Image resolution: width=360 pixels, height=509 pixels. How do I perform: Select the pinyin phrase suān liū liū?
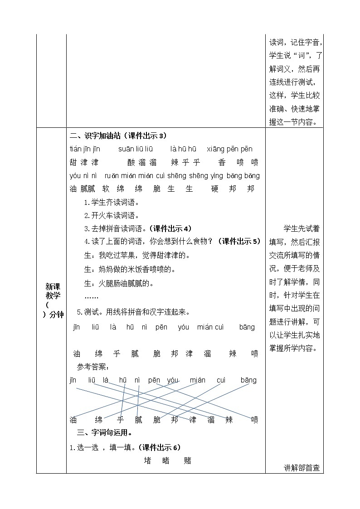click(136, 149)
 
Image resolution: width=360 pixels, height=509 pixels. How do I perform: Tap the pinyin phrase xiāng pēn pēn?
click(229, 149)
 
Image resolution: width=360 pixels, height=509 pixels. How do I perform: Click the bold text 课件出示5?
click(241, 242)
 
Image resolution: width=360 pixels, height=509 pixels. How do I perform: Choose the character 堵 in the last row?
click(148, 461)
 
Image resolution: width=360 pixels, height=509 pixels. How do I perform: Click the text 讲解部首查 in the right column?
click(302, 468)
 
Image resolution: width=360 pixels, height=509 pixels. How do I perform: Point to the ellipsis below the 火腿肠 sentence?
click(92, 297)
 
